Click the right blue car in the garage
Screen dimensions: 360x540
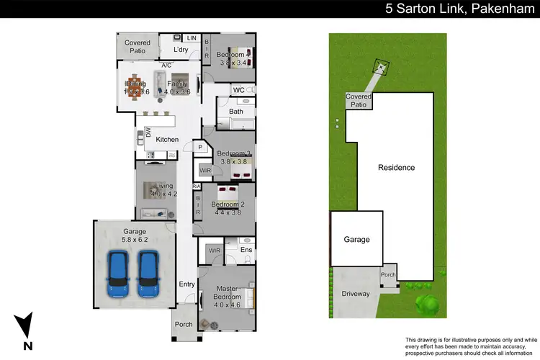[x=149, y=274]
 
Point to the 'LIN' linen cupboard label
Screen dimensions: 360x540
[x=192, y=37]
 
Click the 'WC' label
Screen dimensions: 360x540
[x=238, y=90]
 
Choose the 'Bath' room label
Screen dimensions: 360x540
[x=236, y=112]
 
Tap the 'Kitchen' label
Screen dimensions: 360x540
[x=167, y=139]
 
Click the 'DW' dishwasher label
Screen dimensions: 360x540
[x=148, y=132]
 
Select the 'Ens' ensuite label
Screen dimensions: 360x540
[x=246, y=251]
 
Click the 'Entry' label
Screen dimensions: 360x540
[x=186, y=284]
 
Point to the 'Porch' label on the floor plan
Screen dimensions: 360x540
[x=184, y=324]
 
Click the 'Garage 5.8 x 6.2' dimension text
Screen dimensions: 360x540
[x=133, y=235]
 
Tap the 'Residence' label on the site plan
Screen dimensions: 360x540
[x=396, y=168]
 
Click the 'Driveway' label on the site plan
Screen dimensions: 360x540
[x=356, y=294]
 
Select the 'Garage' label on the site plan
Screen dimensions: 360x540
[x=356, y=240]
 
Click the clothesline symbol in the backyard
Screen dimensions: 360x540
[x=379, y=68]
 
